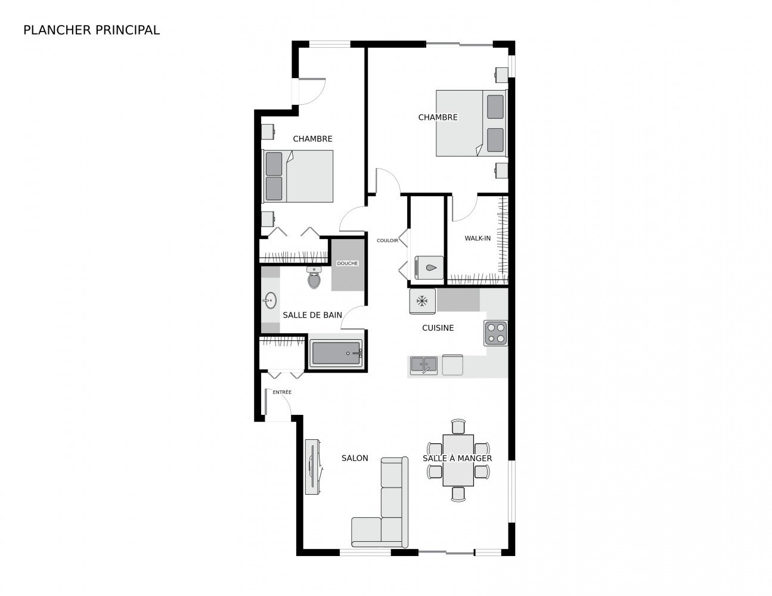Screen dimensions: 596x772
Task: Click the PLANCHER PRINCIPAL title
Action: tap(91, 30)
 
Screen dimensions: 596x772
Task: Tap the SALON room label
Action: tap(355, 458)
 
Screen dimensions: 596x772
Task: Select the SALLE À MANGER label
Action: tap(457, 458)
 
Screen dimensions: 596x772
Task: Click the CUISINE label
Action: tap(438, 328)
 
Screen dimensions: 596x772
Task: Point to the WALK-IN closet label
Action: tap(478, 238)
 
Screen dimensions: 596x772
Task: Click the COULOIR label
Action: tap(387, 241)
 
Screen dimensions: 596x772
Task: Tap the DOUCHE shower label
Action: tap(348, 263)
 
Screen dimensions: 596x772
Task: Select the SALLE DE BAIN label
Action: tap(312, 315)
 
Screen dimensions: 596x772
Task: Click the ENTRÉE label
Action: tap(282, 392)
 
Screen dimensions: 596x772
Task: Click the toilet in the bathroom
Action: tap(314, 278)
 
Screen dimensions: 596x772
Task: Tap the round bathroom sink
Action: tap(270, 300)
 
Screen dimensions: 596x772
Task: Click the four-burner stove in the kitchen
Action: tap(496, 333)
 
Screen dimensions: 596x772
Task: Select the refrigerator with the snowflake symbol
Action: tap(423, 300)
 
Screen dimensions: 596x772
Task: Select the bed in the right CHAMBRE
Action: tap(471, 123)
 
